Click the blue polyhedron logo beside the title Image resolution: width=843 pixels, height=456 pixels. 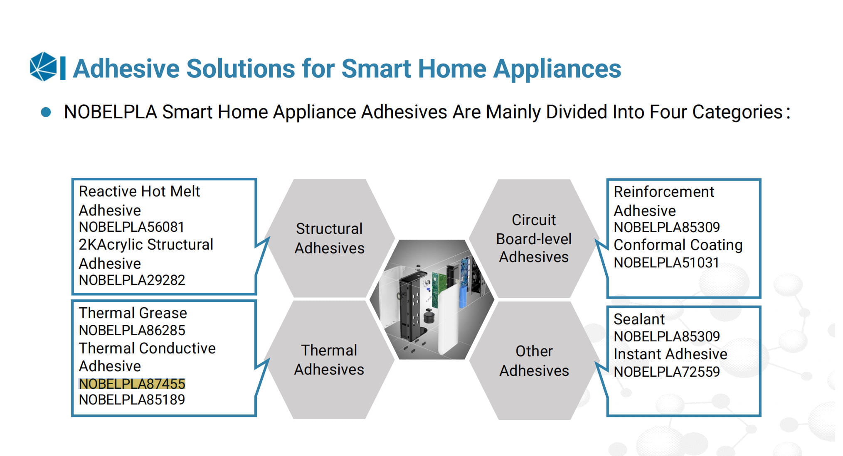[43, 66]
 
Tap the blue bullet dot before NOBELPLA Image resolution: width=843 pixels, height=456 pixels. [46, 112]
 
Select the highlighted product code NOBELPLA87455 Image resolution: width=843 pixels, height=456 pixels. [132, 384]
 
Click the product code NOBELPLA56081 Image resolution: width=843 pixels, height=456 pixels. [131, 227]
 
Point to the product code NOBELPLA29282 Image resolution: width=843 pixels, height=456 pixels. [132, 280]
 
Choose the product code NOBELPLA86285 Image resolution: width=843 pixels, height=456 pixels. [132, 330]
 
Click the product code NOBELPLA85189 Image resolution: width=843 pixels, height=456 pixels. [132, 400]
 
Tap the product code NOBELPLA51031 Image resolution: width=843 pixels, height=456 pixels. [666, 262]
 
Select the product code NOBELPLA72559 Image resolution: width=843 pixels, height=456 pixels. [667, 371]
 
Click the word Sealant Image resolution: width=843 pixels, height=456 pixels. [639, 319]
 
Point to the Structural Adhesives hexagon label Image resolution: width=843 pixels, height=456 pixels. [329, 238]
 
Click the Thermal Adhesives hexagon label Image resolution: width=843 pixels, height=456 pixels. [329, 360]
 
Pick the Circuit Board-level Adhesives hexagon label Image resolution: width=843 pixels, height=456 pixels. [534, 238]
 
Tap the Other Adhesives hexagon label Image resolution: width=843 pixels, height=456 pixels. [534, 360]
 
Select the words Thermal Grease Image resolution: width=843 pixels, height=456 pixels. [133, 313]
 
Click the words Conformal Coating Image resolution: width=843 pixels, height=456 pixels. [678, 245]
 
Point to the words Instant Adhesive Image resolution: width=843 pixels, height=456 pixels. [670, 354]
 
